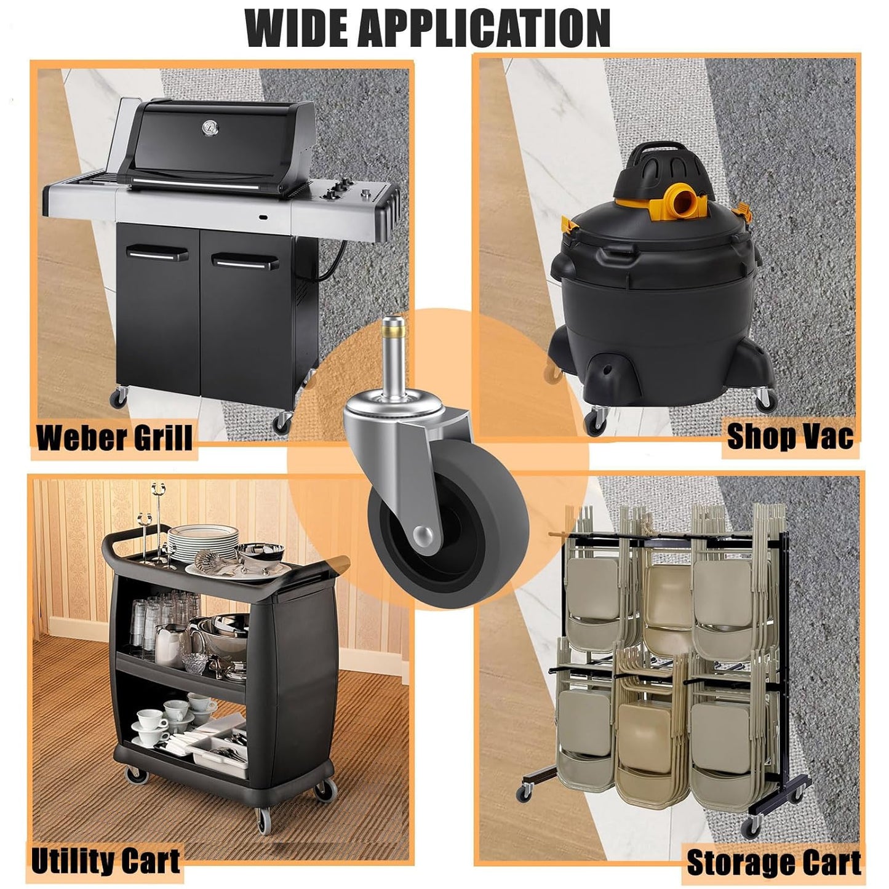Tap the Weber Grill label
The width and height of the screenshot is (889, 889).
(114, 439)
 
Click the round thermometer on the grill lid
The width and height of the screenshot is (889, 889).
(210, 128)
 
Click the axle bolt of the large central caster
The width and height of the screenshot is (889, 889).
(424, 536)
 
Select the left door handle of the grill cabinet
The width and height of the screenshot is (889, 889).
(157, 253)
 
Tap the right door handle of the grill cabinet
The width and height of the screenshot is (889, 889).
(245, 261)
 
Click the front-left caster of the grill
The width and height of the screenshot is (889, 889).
(119, 397)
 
